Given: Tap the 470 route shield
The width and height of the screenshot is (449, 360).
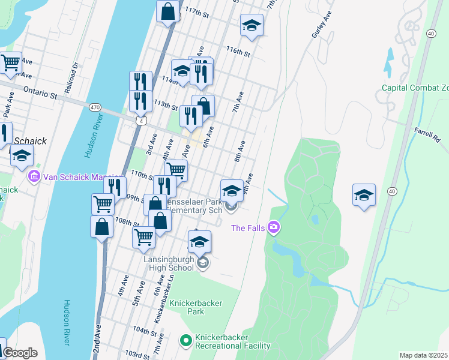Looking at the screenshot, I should click(95, 107).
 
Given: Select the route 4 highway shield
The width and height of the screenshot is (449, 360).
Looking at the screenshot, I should click(140, 121).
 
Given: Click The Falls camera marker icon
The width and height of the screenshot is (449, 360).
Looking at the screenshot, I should click(274, 227).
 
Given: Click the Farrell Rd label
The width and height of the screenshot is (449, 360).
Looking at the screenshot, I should click(427, 133).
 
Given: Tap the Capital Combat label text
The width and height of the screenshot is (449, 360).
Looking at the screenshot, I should click(415, 88).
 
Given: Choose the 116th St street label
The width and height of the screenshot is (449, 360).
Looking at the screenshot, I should click(238, 53).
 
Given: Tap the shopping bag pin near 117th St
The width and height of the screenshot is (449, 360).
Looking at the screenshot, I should click(167, 11).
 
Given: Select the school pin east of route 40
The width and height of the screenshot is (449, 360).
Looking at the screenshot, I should click(364, 194).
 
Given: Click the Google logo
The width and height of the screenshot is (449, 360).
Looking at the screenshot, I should click(20, 353).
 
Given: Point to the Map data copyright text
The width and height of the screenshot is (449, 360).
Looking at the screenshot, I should click(423, 355).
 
